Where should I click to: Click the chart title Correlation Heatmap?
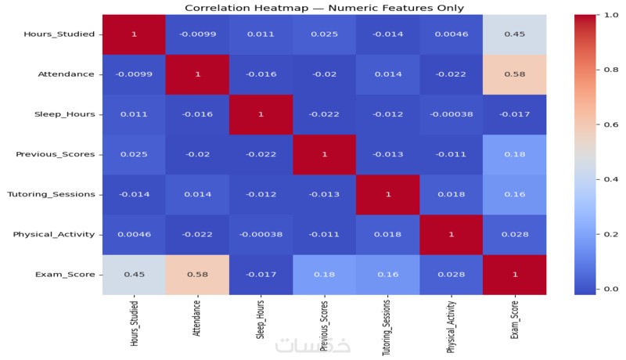tap(324, 8)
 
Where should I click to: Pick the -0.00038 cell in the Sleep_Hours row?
tap(448, 113)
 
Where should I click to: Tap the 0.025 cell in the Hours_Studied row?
tap(322, 34)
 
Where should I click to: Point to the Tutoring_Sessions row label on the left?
tap(57, 193)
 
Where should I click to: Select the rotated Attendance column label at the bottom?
tap(196, 319)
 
